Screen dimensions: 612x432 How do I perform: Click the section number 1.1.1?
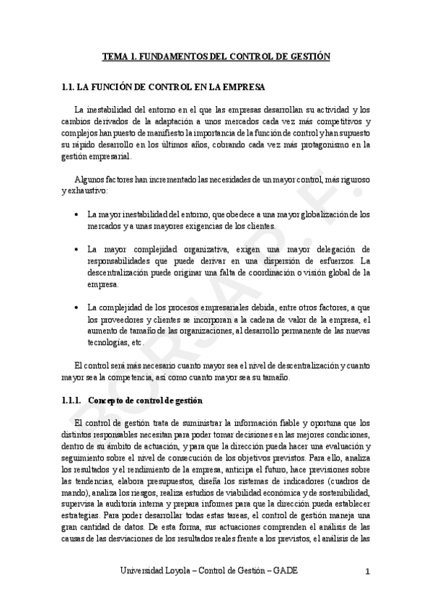[71, 399]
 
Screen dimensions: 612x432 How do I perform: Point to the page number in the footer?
[368, 572]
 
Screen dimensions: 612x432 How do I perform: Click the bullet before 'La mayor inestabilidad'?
[77, 215]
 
